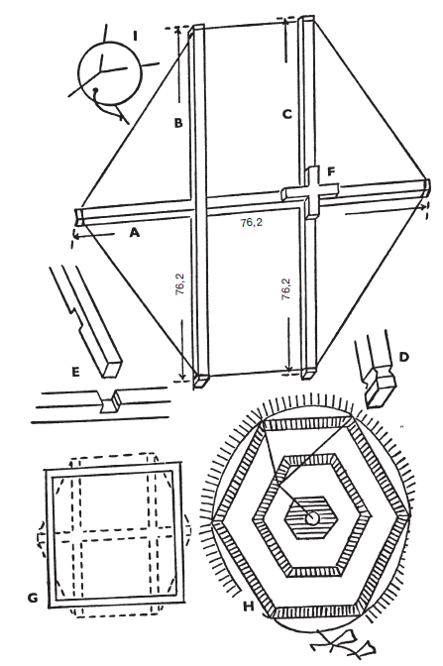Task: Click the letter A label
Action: [x=134, y=232]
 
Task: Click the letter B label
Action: [x=178, y=123]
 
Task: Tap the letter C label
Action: [x=287, y=114]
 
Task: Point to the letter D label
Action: [x=403, y=357]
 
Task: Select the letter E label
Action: [x=75, y=372]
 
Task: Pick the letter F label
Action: [x=331, y=171]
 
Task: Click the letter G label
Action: [x=33, y=599]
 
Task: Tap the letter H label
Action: [x=249, y=607]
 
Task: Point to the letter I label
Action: [x=135, y=36]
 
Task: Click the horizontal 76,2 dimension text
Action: [x=251, y=222]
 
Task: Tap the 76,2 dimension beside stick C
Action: [x=286, y=289]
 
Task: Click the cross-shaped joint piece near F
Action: [x=311, y=192]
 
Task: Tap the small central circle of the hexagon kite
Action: [x=313, y=518]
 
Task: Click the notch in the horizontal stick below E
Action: [x=109, y=401]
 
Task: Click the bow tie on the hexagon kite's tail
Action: [x=343, y=645]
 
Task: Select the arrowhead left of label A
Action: [x=77, y=234]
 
